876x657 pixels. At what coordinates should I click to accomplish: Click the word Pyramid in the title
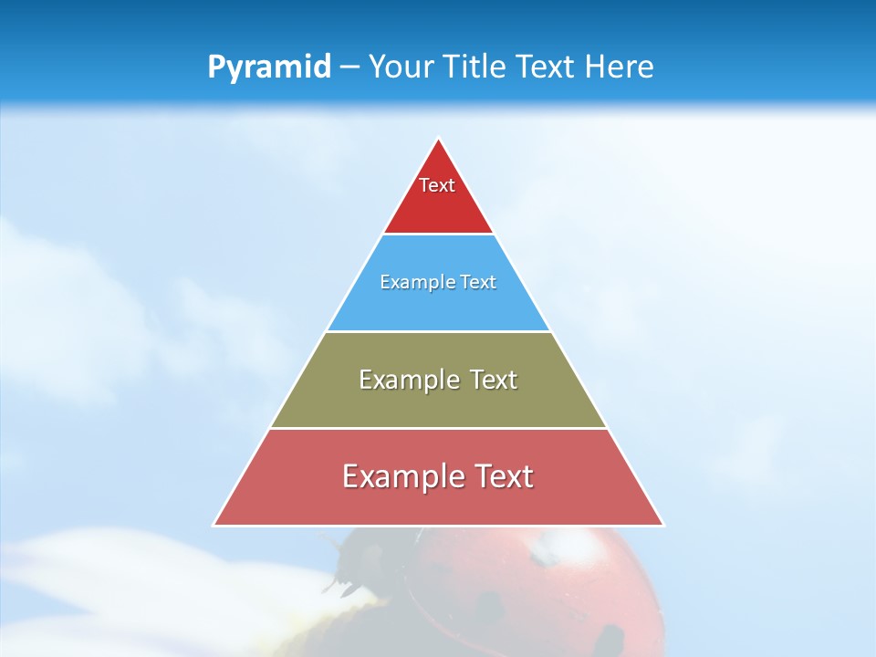point(269,68)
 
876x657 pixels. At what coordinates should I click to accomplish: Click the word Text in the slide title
point(546,68)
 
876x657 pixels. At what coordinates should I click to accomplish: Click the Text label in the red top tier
point(437,185)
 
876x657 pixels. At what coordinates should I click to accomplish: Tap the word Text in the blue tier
point(479,282)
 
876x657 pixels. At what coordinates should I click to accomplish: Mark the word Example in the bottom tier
point(401,476)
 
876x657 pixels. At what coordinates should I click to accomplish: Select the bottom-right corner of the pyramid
point(662,525)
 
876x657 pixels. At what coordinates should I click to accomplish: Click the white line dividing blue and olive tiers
point(438,331)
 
